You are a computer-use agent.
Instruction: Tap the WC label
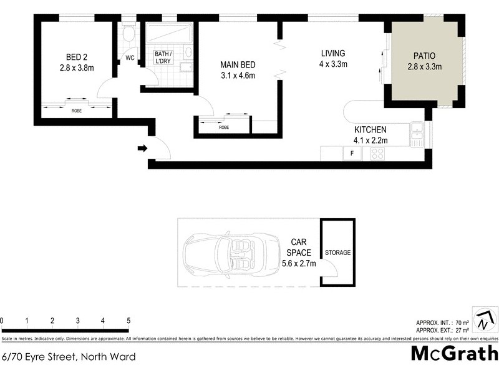[130, 58]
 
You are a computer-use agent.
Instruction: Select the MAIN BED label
[238, 64]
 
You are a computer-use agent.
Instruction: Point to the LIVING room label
[333, 53]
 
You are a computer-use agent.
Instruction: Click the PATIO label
[424, 56]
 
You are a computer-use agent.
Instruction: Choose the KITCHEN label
[371, 130]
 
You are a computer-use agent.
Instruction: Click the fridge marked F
[352, 153]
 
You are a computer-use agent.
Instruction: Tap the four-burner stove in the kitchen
[377, 153]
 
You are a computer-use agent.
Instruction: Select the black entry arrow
[142, 149]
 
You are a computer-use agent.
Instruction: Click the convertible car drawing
[225, 253]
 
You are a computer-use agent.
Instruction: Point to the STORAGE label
[337, 253]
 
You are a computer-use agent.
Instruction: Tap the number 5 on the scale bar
[128, 321]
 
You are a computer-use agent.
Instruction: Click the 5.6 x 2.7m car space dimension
[299, 264]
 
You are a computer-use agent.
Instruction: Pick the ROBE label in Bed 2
[77, 110]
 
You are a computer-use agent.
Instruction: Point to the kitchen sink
[417, 133]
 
